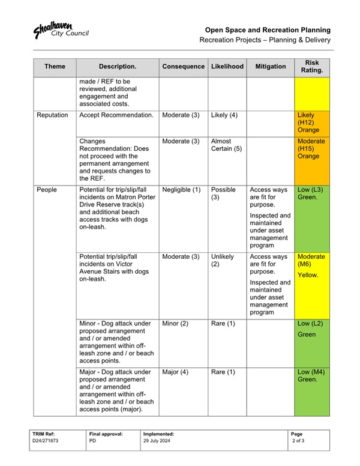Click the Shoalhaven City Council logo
coord(61,30)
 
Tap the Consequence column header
coord(183,66)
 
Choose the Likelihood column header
coord(227,66)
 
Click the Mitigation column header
coord(270,66)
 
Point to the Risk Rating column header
coord(312,66)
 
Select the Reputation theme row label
coord(52,115)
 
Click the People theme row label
coord(47,190)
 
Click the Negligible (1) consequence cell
coord(182,190)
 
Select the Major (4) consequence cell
coord(176,372)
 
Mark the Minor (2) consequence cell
coord(176,324)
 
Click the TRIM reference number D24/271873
coord(46,440)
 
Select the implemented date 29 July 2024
coord(157,440)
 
